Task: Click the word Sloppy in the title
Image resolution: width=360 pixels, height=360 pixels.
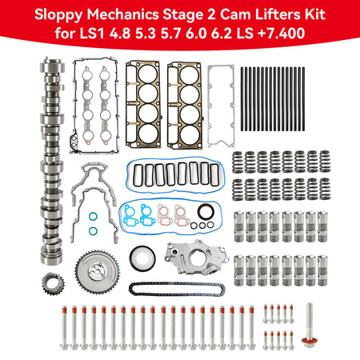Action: click(x=58, y=15)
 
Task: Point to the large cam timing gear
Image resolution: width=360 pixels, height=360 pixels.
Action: click(x=97, y=271)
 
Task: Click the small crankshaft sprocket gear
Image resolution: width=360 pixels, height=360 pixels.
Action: click(x=54, y=286)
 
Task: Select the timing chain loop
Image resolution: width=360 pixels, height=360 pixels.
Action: click(x=178, y=289)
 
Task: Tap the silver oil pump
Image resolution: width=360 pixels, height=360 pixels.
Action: click(x=197, y=257)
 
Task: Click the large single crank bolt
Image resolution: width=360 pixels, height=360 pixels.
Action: click(x=310, y=326)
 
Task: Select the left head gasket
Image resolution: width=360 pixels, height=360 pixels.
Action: click(x=143, y=105)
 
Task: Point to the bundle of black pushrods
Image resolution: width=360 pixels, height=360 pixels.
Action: click(x=273, y=98)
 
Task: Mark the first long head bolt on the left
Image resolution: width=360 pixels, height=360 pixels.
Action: click(x=64, y=327)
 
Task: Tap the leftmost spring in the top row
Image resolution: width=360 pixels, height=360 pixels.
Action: click(x=238, y=162)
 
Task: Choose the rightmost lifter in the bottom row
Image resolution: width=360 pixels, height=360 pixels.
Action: click(x=322, y=270)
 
